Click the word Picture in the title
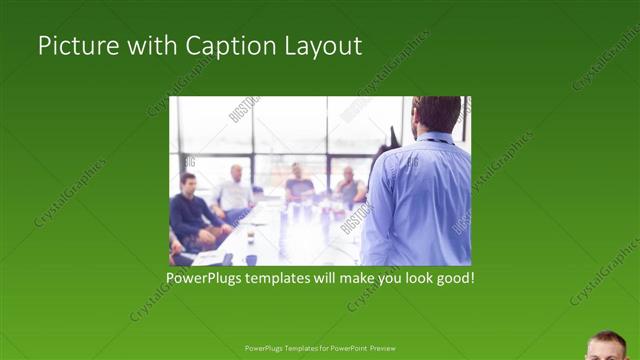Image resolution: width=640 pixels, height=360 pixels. pyautogui.click(x=74, y=46)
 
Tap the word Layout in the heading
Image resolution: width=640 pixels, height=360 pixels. pyautogui.click(x=324, y=46)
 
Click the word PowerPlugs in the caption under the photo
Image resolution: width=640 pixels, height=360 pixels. pyautogui.click(x=206, y=276)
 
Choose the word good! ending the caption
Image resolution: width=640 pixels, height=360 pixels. pyautogui.click(x=453, y=276)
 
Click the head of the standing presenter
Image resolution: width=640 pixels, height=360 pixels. pyautogui.click(x=436, y=114)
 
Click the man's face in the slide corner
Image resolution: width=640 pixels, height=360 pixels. pyautogui.click(x=607, y=347)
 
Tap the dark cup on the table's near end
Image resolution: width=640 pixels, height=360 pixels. pyautogui.click(x=250, y=259)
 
